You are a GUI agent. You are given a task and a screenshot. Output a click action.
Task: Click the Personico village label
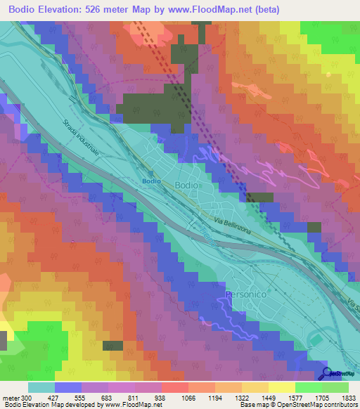point(247,294)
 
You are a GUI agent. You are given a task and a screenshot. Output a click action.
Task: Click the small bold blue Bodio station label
point(151,181)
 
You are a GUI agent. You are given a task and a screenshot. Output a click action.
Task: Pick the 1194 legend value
point(207,397)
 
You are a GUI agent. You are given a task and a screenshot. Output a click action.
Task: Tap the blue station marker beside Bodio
point(151,172)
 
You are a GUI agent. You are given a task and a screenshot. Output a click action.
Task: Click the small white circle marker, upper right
point(329,74)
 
